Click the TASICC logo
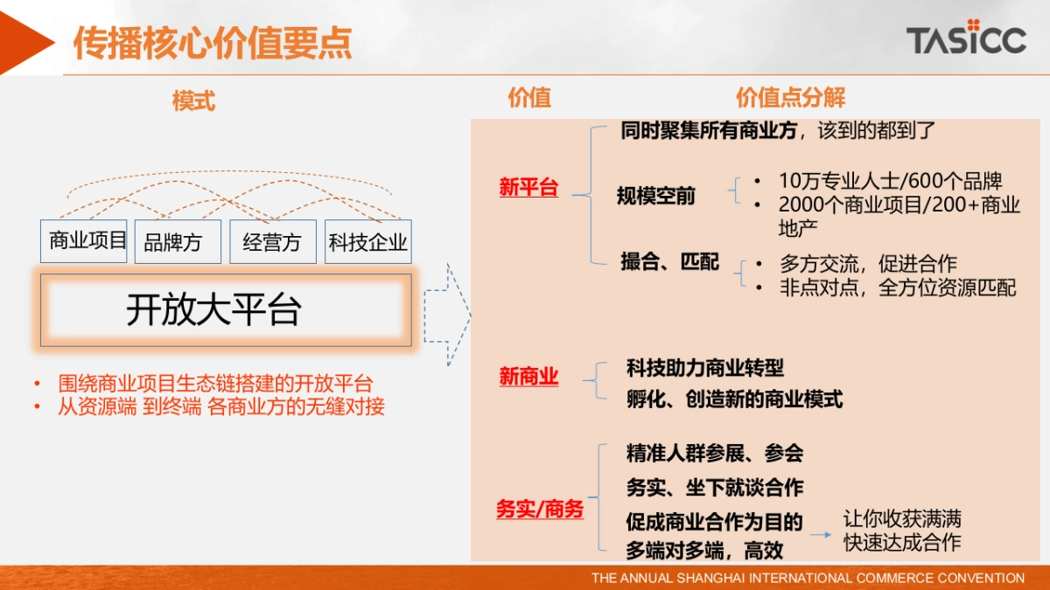(x=965, y=38)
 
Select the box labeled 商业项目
(x=84, y=241)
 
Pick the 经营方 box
(x=272, y=242)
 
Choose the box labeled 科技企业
(x=367, y=242)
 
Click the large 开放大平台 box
(x=225, y=310)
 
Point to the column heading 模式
(x=193, y=101)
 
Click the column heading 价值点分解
(x=790, y=98)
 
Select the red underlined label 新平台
(x=528, y=187)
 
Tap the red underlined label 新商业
(x=528, y=377)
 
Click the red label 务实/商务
(x=539, y=509)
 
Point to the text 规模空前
(x=656, y=196)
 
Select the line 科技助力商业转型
(x=705, y=368)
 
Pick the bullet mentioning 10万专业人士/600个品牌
(x=890, y=181)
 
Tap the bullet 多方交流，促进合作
(x=868, y=263)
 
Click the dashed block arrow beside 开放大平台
(x=446, y=315)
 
